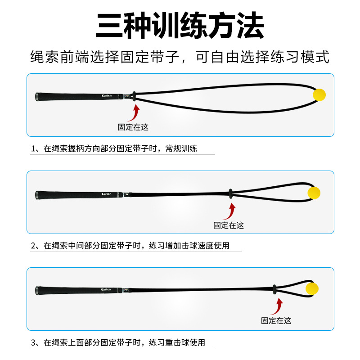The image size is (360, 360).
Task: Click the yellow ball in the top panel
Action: [x=319, y=94]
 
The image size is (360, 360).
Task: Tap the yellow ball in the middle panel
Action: [x=314, y=193]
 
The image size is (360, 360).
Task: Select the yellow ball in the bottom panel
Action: [x=312, y=288]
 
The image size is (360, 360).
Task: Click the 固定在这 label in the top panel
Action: [x=133, y=127]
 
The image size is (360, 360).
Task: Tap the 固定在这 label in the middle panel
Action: [x=229, y=225]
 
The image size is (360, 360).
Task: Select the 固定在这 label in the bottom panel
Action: [x=276, y=320]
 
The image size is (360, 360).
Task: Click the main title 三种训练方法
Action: [x=180, y=26]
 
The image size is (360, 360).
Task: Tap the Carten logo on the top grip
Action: [x=107, y=96]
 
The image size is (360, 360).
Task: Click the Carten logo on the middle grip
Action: [x=106, y=194]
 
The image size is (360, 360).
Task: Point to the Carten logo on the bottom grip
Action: [x=106, y=289]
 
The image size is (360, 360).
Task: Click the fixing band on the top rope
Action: [x=134, y=96]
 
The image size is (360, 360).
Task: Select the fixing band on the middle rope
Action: [x=230, y=193]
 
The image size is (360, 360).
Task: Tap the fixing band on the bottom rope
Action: [x=274, y=289]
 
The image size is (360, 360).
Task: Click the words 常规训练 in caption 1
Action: [x=181, y=148]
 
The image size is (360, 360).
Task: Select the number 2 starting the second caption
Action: [x=33, y=246]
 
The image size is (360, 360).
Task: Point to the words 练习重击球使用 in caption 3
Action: [x=177, y=342]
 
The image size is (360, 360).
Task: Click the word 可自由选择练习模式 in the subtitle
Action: [x=262, y=57]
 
